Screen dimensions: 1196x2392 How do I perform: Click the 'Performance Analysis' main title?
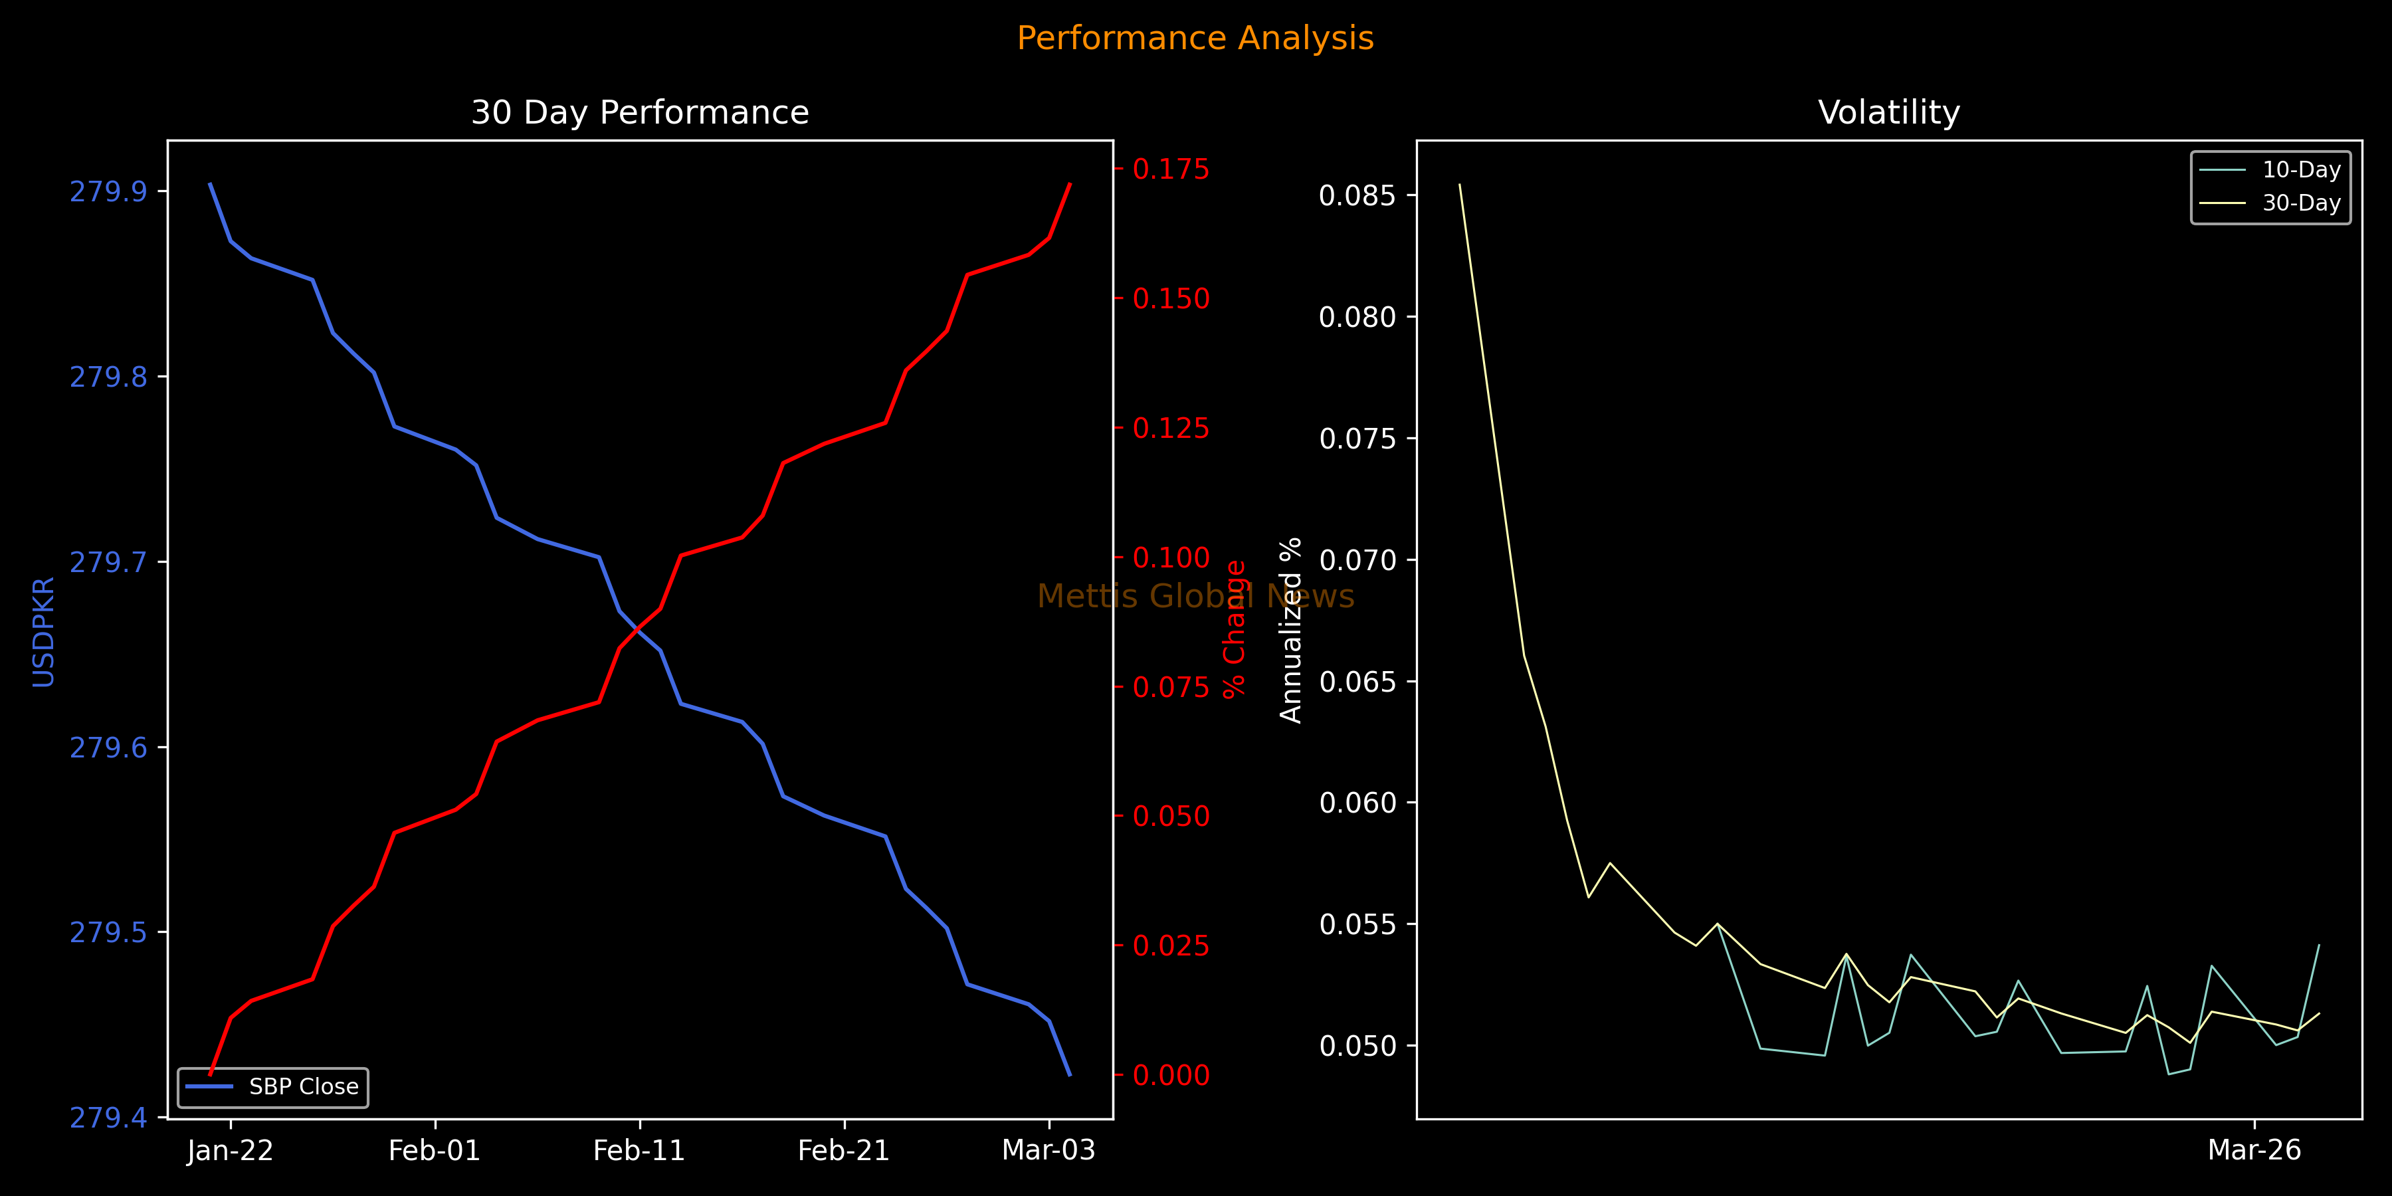[x=1195, y=38]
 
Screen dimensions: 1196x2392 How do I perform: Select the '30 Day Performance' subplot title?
[x=640, y=112]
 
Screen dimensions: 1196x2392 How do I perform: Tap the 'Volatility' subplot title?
[x=1889, y=112]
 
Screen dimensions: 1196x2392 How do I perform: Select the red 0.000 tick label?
[x=1171, y=1075]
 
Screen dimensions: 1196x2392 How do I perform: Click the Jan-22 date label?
[x=231, y=1151]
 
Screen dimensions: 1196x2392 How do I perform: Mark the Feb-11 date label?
[x=639, y=1151]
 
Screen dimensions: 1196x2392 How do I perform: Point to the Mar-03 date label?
[x=1048, y=1151]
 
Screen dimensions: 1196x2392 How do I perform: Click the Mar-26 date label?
[x=2254, y=1151]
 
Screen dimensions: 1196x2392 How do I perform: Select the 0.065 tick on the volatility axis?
[x=1357, y=682]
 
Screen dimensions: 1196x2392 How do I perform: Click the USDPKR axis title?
[x=44, y=631]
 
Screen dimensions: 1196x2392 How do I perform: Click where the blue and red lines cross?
[x=638, y=631]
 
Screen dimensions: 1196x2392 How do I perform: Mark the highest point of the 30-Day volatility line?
[x=1460, y=184]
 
